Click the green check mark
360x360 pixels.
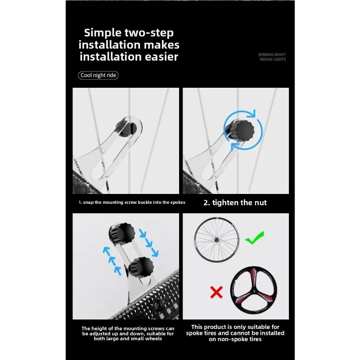click(x=254, y=237)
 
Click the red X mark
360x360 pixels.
click(x=216, y=293)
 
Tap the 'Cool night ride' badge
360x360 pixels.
click(x=98, y=75)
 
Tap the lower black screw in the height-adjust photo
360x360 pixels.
click(x=140, y=268)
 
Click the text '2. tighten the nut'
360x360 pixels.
click(x=235, y=202)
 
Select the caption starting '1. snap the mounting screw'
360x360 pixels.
click(x=132, y=202)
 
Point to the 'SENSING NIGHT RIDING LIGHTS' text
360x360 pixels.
click(x=272, y=57)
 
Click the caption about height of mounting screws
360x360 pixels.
click(x=128, y=333)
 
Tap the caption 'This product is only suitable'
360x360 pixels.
click(x=235, y=333)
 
